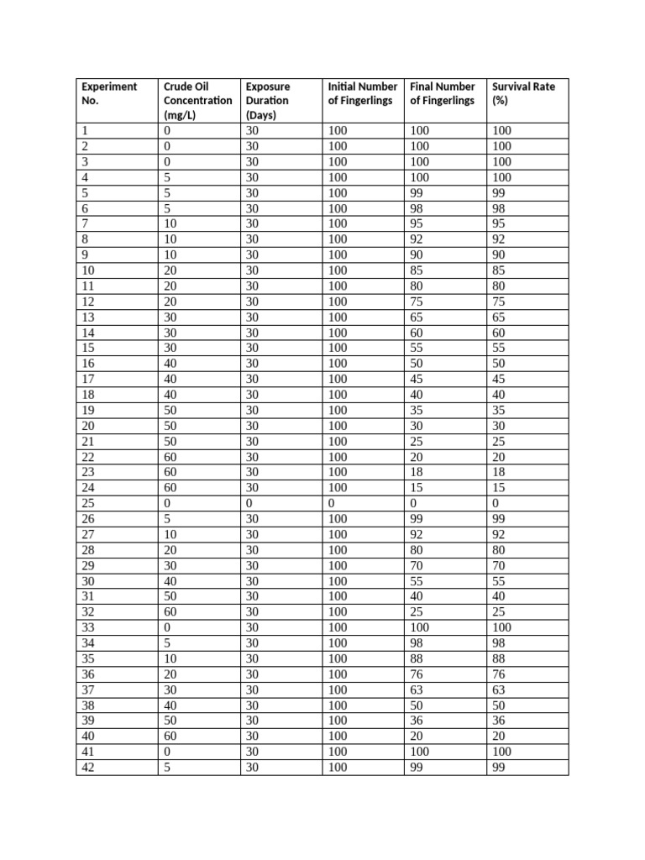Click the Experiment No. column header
108,93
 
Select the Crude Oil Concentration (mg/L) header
197,101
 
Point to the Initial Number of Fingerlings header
363,93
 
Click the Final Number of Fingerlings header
443,93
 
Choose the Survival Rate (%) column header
523,93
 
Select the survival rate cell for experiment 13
501,317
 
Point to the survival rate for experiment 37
501,690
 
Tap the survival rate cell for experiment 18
501,395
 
